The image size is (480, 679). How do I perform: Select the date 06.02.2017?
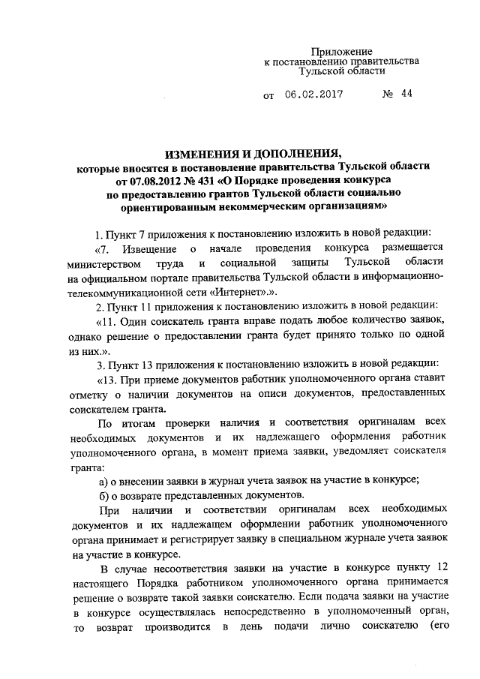tap(314, 95)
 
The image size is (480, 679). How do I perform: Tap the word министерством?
tap(103, 263)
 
